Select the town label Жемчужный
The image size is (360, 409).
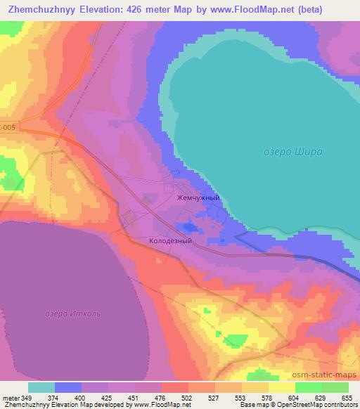point(198,198)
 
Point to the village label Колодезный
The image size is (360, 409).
point(170,240)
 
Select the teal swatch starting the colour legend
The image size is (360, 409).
point(41,387)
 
